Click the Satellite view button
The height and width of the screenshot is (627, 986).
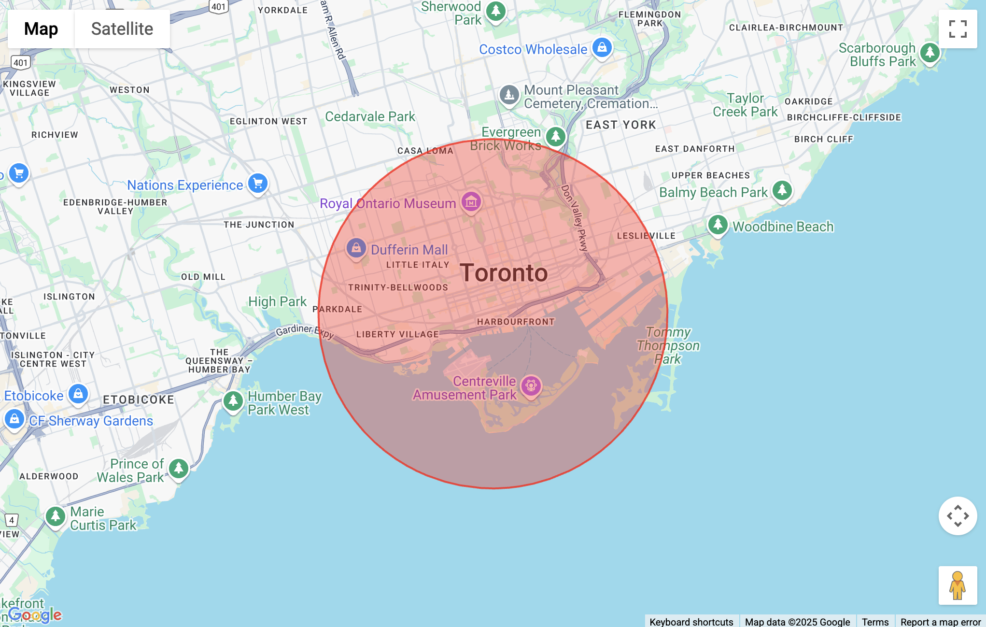[x=122, y=29]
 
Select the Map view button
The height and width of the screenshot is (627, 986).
[x=41, y=29]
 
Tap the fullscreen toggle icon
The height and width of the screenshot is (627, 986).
[x=958, y=29]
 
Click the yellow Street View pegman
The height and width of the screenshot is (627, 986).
[x=957, y=585]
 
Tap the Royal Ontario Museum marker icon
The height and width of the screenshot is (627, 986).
[x=471, y=202]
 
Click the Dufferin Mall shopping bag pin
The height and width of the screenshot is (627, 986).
[x=356, y=248]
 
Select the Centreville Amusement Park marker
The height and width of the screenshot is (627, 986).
[x=531, y=386]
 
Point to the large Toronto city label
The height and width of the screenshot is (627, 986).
[x=504, y=273]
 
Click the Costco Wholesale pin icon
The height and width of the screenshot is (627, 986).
[x=602, y=48]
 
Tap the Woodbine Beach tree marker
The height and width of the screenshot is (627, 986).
[x=718, y=225]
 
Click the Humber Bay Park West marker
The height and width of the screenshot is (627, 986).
[x=233, y=401]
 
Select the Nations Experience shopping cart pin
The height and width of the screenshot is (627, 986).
[x=258, y=184]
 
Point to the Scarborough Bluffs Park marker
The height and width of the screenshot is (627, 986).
[x=930, y=53]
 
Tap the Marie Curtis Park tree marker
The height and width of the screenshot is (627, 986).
[x=56, y=516]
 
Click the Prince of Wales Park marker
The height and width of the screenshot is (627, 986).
[x=179, y=468]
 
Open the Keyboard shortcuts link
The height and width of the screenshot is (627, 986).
[x=691, y=622]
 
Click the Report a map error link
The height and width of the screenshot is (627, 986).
[x=940, y=622]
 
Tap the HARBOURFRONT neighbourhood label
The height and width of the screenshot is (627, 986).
[x=516, y=322]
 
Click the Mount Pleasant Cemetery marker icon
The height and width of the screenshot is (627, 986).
[x=509, y=95]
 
